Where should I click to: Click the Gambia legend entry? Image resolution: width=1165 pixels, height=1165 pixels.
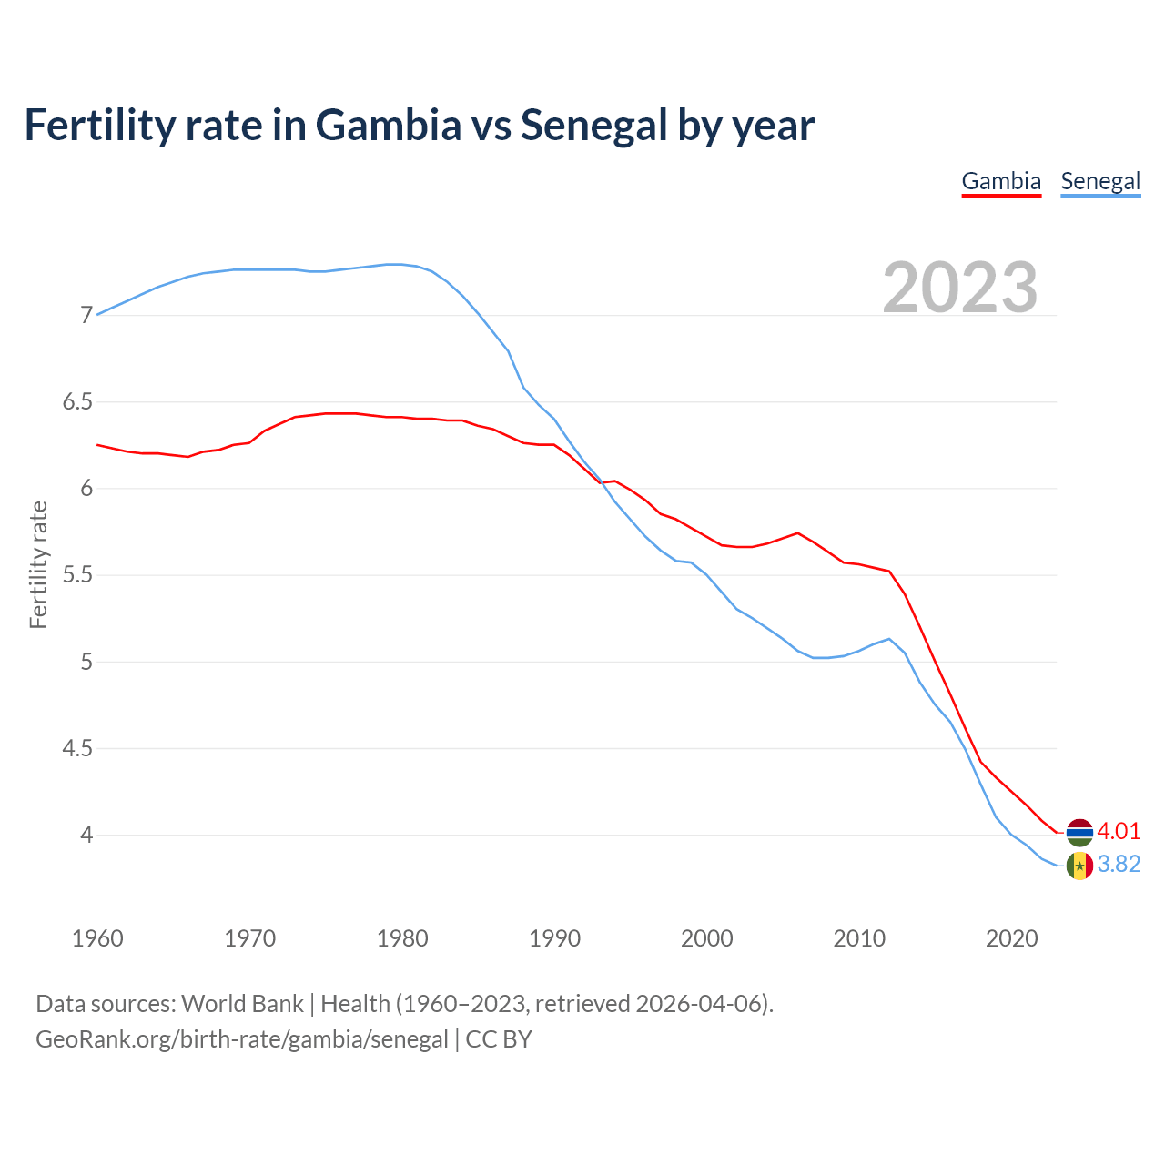click(1001, 181)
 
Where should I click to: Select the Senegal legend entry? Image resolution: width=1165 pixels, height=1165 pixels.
click(1100, 181)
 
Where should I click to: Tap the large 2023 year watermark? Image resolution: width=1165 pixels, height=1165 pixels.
click(960, 288)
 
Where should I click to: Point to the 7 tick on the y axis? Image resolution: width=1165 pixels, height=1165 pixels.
click(86, 316)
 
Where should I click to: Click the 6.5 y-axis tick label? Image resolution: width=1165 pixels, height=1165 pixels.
click(77, 402)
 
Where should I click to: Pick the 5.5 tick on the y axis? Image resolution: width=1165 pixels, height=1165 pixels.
click(77, 575)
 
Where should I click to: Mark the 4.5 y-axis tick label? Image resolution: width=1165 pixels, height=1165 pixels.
click(77, 749)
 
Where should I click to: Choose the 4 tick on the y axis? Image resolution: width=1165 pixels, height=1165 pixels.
click(86, 836)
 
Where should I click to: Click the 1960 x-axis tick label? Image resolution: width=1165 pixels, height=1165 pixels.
click(97, 938)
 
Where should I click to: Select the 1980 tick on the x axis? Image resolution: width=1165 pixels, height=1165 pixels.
click(402, 938)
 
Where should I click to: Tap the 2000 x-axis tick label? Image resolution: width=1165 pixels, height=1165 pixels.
click(707, 938)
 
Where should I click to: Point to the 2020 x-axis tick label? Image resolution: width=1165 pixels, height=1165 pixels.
click(1012, 938)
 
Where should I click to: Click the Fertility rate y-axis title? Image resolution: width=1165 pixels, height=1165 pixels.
click(38, 564)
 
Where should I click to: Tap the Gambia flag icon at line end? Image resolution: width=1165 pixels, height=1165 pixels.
click(1079, 832)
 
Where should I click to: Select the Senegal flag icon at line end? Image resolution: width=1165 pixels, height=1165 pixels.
click(1079, 866)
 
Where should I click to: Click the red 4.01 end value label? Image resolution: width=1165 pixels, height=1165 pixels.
click(1119, 831)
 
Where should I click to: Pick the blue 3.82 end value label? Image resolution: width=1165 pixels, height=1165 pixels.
click(1119, 864)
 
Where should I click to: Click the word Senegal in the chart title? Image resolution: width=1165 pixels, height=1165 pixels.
click(593, 125)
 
